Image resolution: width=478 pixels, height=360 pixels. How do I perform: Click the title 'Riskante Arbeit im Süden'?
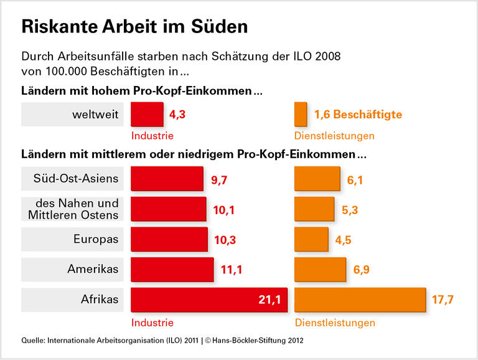[134, 27]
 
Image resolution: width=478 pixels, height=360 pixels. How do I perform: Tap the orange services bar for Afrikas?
[360, 300]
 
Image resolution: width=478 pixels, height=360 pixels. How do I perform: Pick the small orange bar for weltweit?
[301, 115]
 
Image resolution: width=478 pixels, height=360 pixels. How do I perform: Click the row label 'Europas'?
[95, 239]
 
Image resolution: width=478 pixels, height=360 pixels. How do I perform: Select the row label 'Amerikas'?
[93, 269]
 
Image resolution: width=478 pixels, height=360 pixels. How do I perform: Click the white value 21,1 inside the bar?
[270, 300]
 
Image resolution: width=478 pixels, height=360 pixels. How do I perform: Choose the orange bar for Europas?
[311, 239]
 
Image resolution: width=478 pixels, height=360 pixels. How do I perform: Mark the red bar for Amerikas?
[172, 269]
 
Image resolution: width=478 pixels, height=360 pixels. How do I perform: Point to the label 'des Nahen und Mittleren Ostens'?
[73, 209]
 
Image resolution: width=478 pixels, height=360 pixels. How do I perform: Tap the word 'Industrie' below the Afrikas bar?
[152, 323]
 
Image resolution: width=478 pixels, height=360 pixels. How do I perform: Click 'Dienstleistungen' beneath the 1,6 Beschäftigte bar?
[334, 135]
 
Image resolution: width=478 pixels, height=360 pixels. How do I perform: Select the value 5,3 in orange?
[350, 209]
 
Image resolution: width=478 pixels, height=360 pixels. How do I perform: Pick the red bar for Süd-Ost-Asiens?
[167, 179]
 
